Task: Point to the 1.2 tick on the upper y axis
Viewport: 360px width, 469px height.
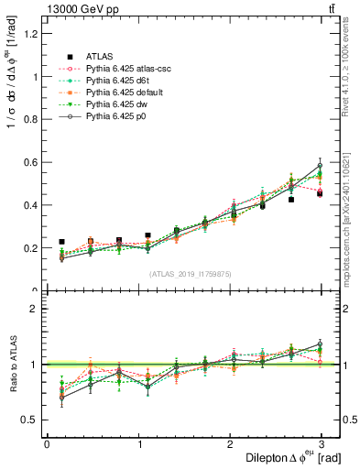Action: click(32, 34)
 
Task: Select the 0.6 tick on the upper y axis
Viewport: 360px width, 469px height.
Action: click(32, 162)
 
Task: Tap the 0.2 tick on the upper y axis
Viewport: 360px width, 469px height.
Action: click(32, 248)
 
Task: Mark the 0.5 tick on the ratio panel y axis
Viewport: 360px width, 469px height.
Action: click(32, 420)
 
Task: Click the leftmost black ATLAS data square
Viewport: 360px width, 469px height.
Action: click(61, 242)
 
